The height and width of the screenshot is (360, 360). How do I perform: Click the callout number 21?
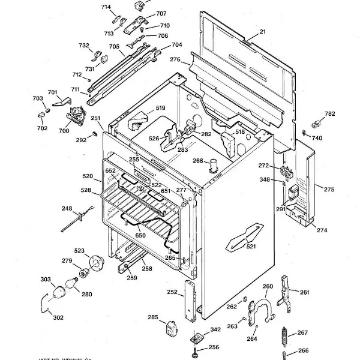(x=262, y=32)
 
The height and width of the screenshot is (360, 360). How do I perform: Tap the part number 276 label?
(x=175, y=59)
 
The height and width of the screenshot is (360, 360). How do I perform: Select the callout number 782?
(x=330, y=114)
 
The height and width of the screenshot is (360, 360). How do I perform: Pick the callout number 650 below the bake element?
(x=140, y=236)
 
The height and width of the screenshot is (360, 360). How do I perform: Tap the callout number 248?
(x=67, y=208)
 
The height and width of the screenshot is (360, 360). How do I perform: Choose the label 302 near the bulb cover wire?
(x=58, y=317)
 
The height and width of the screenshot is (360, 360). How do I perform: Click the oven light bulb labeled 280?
(x=76, y=281)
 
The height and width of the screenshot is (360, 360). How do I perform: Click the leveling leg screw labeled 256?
(x=197, y=348)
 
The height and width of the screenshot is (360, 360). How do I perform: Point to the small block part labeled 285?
(x=170, y=329)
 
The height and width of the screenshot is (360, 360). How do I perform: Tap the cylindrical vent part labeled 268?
(x=212, y=165)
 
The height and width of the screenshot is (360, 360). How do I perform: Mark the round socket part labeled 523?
(x=95, y=262)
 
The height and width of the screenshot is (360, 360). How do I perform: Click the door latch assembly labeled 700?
(x=76, y=115)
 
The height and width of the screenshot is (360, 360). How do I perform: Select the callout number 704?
(x=176, y=45)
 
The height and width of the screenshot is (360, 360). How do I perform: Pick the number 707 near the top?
(x=161, y=14)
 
